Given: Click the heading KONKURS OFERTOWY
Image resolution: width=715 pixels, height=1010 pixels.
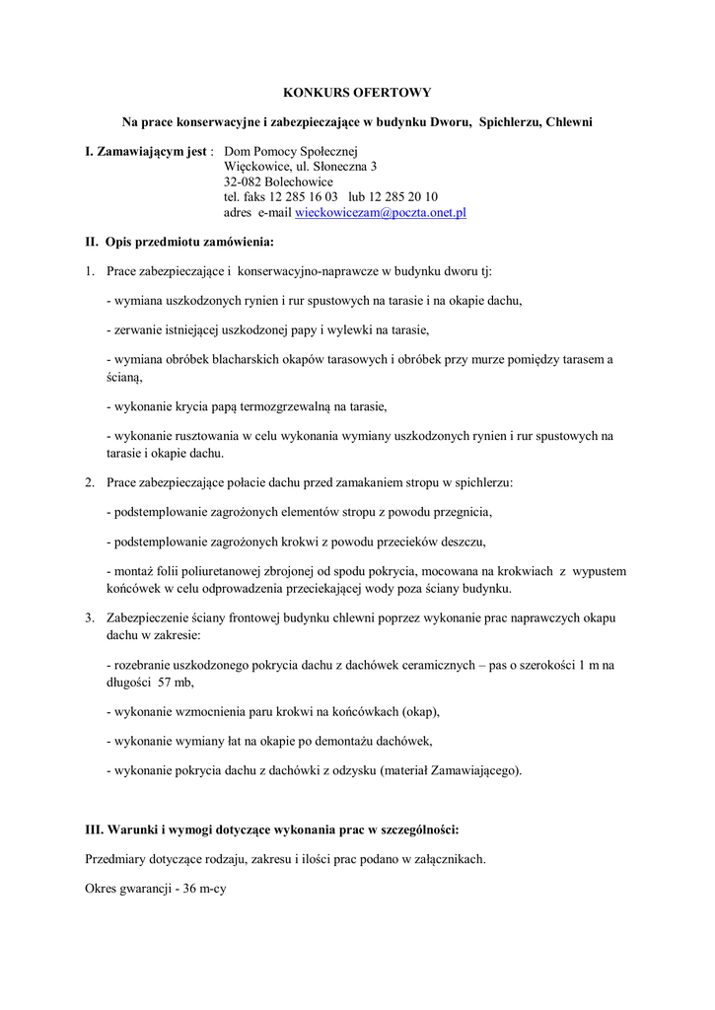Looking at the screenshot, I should click(357, 93).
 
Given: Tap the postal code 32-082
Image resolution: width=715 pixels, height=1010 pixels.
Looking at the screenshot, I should click(244, 182).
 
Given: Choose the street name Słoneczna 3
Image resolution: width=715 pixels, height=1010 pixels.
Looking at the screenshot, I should click(332, 168).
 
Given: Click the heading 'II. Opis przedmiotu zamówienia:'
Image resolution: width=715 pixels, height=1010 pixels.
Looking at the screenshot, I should click(179, 242).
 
